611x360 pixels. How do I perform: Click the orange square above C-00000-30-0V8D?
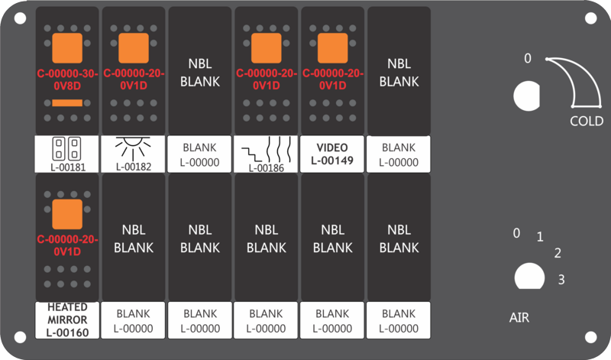[67, 48]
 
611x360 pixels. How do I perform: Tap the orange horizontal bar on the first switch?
[67, 103]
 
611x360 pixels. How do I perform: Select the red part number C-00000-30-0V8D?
[67, 79]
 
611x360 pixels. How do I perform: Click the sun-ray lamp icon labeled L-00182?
[133, 148]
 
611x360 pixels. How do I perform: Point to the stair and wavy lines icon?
[267, 150]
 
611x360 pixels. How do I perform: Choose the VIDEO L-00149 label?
[332, 154]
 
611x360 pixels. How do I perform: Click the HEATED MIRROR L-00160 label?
[67, 319]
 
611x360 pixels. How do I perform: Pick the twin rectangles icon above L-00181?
[66, 148]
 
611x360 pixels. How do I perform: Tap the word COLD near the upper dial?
[587, 121]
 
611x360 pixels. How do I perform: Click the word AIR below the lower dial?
[519, 317]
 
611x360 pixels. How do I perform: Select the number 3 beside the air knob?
[561, 279]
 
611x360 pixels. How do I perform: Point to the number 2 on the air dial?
[558, 253]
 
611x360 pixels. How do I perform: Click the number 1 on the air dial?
[540, 236]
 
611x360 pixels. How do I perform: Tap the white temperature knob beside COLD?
[527, 96]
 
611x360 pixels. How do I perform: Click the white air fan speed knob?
[529, 276]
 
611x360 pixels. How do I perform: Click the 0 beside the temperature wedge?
[528, 58]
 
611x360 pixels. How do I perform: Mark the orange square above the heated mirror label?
[67, 214]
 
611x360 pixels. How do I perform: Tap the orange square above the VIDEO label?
[332, 48]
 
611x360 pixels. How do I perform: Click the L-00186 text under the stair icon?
[267, 168]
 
